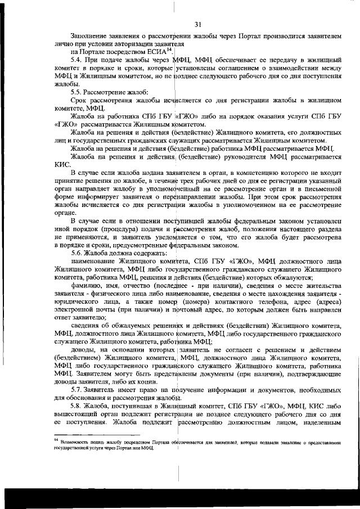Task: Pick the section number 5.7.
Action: point(76,389)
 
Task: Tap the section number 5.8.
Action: point(76,405)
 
